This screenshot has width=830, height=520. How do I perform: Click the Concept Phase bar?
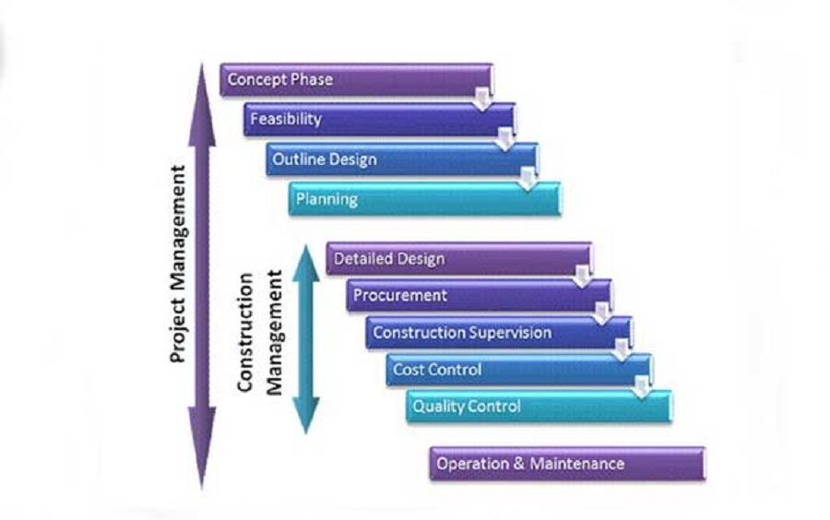click(x=356, y=79)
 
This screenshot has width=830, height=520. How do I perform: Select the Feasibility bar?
click(x=379, y=120)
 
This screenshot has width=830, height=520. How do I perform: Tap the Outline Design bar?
click(x=402, y=160)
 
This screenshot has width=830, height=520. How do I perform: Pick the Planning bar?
click(x=424, y=199)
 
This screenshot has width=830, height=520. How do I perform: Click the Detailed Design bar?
click(x=458, y=259)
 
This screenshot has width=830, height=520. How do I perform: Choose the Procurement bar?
click(x=479, y=296)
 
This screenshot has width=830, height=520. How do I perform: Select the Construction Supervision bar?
click(x=498, y=333)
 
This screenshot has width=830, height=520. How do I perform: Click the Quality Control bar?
click(x=539, y=407)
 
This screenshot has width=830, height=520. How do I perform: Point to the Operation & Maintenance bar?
click(x=566, y=464)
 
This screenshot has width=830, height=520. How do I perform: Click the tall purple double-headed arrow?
click(x=202, y=277)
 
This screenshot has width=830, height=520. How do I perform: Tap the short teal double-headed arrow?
click(x=305, y=337)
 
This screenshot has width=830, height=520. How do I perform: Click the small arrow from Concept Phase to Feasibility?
click(x=482, y=99)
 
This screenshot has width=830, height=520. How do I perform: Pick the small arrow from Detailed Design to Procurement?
click(x=582, y=277)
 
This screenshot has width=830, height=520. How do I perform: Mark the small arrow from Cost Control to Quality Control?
click(x=641, y=387)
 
